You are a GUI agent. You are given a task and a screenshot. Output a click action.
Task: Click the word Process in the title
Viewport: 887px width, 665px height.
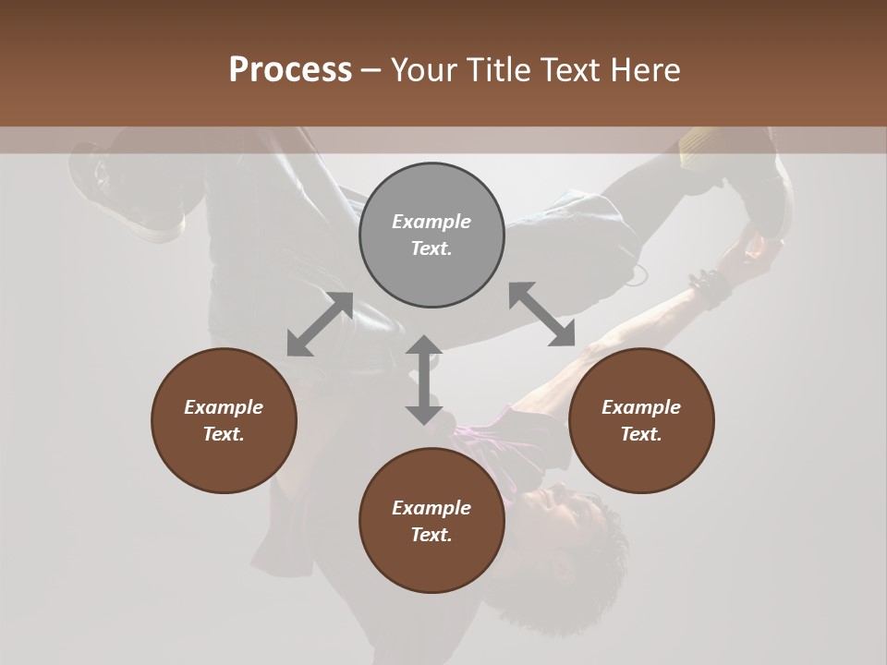(x=290, y=70)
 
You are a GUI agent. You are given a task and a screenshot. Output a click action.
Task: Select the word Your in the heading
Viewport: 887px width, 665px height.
(x=425, y=70)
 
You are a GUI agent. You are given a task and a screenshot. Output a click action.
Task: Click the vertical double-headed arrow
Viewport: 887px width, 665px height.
(x=424, y=380)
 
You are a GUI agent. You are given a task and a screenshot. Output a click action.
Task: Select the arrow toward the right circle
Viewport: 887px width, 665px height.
(x=541, y=314)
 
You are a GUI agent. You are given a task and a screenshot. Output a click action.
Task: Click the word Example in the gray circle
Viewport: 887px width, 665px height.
(x=431, y=222)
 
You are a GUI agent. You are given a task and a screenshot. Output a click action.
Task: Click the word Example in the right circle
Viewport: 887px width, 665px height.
(x=641, y=407)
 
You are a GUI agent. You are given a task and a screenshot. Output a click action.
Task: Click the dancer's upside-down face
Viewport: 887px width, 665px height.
(x=545, y=508)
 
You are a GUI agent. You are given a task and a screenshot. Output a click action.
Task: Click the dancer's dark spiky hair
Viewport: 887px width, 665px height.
(x=591, y=545)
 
